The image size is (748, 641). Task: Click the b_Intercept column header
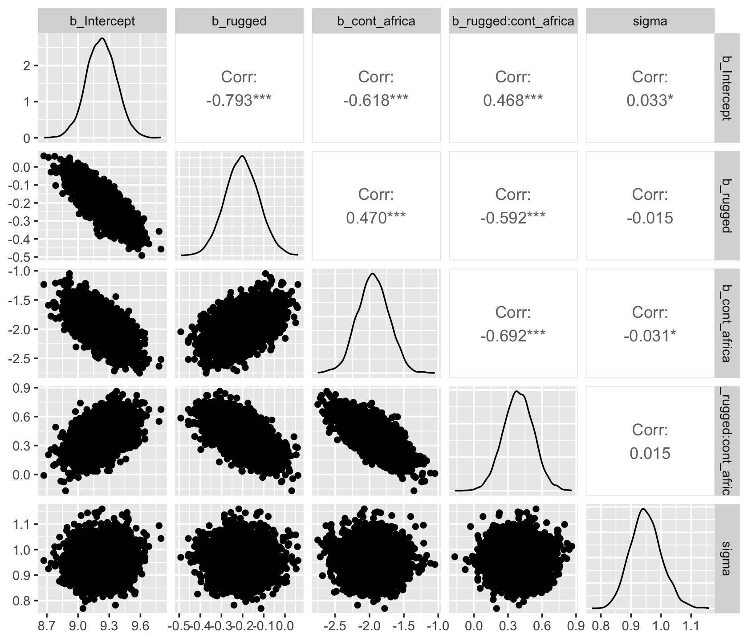click(x=102, y=21)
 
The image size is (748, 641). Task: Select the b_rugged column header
click(x=239, y=21)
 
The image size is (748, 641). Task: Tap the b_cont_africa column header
click(x=376, y=21)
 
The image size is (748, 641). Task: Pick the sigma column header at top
click(x=650, y=21)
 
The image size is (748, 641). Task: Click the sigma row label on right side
click(x=725, y=558)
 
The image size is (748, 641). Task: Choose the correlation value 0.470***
click(x=376, y=218)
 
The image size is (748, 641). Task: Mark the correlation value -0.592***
click(x=513, y=218)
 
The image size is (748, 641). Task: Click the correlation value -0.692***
click(x=513, y=336)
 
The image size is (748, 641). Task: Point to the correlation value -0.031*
click(x=650, y=336)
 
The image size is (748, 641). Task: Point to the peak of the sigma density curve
click(x=643, y=509)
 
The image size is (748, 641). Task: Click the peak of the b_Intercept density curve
click(x=102, y=38)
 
